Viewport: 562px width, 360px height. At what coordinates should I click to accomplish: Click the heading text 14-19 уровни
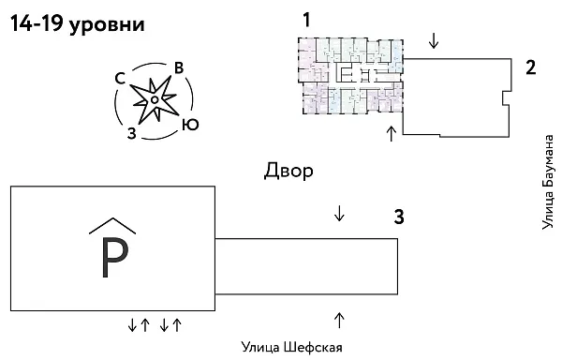[x=78, y=25]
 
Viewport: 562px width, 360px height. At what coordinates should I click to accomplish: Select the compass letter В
[x=178, y=67]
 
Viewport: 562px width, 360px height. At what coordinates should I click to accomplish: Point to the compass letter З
[x=132, y=132]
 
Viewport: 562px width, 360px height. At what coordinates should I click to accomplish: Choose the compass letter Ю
[x=190, y=124]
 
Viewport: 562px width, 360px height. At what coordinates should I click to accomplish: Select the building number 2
[x=530, y=67]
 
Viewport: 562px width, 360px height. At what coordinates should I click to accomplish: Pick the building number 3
[x=399, y=218]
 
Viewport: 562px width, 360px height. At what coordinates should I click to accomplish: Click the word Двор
[x=288, y=171]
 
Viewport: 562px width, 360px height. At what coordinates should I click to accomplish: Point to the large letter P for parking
[x=113, y=260]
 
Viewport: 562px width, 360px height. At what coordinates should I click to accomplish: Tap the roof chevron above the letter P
[x=112, y=225]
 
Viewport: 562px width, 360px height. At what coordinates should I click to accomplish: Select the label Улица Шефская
[x=291, y=348]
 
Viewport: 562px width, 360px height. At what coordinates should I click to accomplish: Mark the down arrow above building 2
[x=433, y=41]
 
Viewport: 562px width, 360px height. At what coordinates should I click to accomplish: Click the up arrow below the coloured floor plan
[x=392, y=132]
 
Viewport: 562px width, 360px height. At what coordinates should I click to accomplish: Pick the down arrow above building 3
[x=339, y=213]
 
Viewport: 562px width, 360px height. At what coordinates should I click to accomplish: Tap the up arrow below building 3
[x=339, y=320]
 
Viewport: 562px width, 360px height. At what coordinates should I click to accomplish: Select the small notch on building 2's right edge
[x=507, y=97]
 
